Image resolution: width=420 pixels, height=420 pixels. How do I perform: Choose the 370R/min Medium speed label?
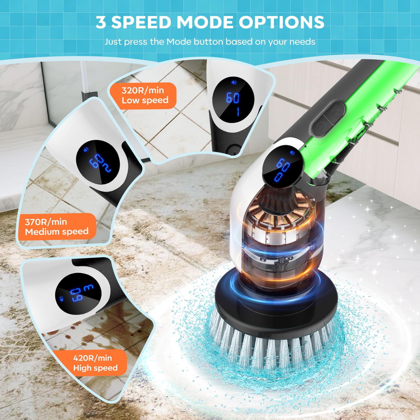(57, 227)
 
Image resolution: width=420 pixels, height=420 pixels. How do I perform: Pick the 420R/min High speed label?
(95, 363)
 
